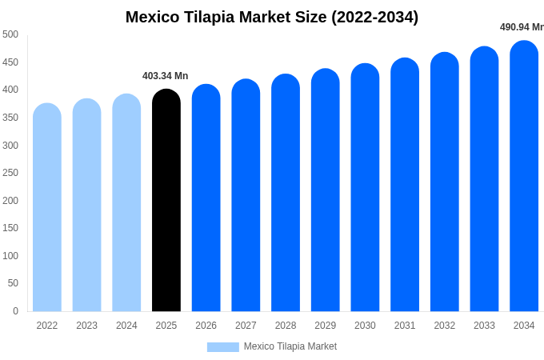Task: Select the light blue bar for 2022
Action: tap(47, 207)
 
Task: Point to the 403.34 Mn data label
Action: tap(165, 76)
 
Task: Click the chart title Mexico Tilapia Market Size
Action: tap(272, 17)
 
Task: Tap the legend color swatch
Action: tap(222, 347)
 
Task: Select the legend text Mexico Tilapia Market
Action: tap(290, 346)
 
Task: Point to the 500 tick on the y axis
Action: tap(10, 34)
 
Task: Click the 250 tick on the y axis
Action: tap(10, 173)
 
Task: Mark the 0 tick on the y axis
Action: tap(15, 311)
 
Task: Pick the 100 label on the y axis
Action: tap(10, 256)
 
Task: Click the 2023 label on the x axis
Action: tap(86, 326)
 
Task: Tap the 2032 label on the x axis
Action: tap(445, 326)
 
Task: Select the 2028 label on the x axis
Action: tap(286, 326)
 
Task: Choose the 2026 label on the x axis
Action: tap(206, 326)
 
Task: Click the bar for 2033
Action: tap(484, 179)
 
